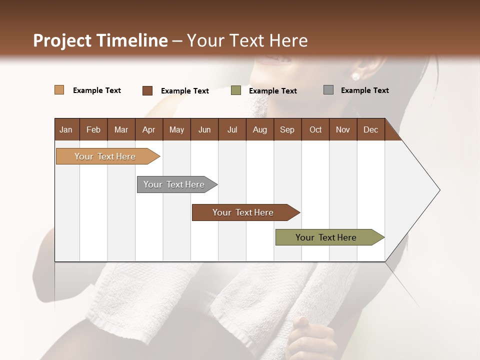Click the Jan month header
[x=66, y=129]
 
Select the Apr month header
[x=149, y=129]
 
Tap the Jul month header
[x=232, y=129]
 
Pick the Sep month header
[x=287, y=129]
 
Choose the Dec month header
[x=370, y=129]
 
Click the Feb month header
[x=93, y=129]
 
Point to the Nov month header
[x=343, y=129]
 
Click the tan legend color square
[x=59, y=90]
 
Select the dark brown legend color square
[x=147, y=90]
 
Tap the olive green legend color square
[x=236, y=90]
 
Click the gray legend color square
[x=328, y=90]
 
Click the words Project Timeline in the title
[x=100, y=40]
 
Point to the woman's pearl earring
[x=355, y=76]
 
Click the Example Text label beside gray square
[x=364, y=90]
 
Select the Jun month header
[x=204, y=129]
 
